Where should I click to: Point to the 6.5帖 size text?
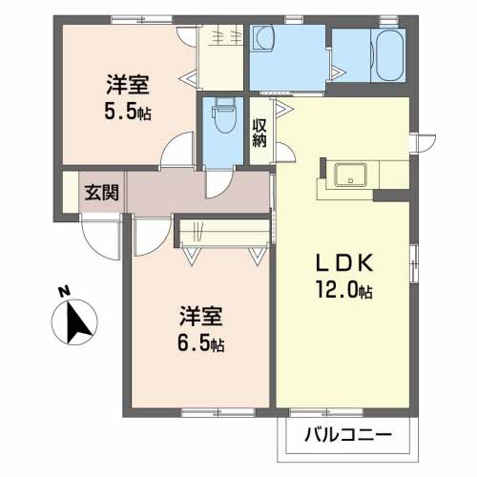pos(203,342)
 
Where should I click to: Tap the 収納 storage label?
pos(259,133)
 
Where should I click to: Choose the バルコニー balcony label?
pos(348,437)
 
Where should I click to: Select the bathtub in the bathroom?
pos(386,55)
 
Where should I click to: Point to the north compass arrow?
pos(78,322)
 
